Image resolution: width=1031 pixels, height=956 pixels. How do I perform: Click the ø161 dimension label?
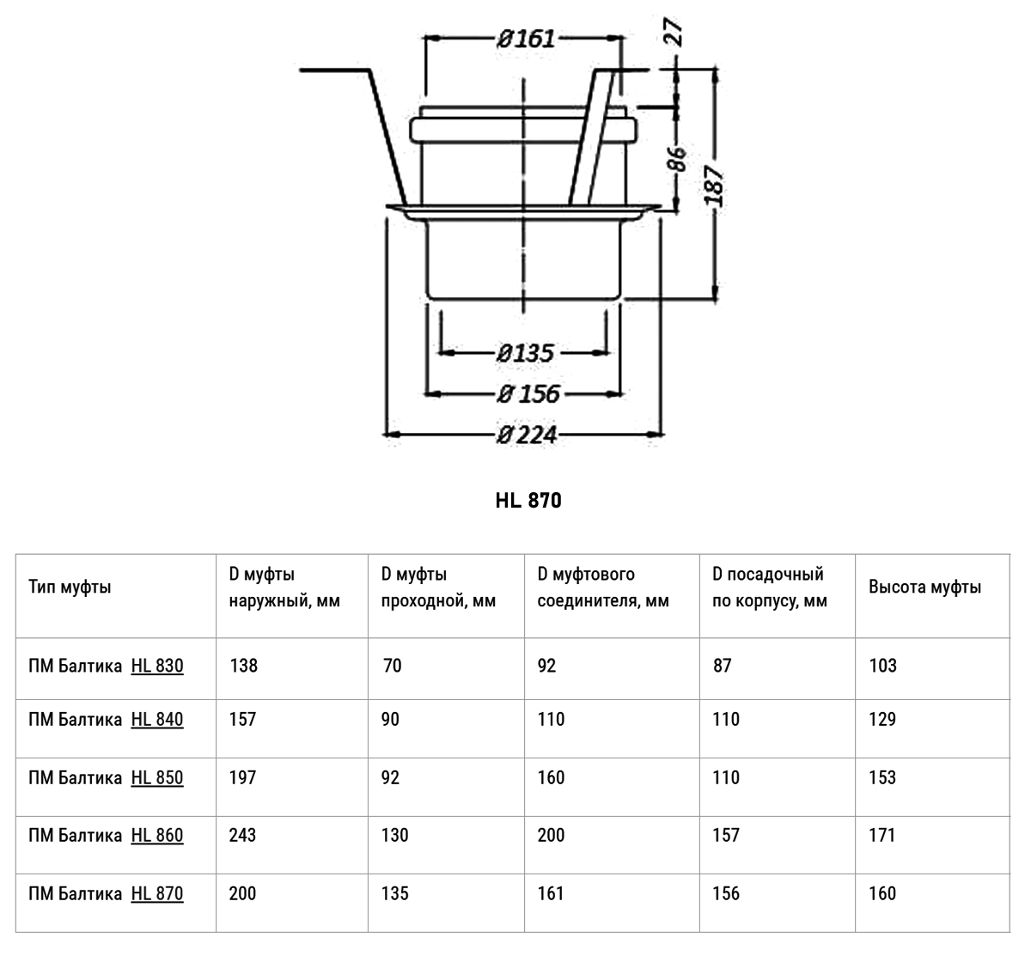tap(526, 39)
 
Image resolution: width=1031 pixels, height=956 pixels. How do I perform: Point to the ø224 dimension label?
tap(527, 435)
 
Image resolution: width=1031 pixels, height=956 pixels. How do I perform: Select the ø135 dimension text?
tap(525, 353)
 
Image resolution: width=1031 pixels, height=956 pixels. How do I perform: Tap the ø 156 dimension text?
tap(528, 394)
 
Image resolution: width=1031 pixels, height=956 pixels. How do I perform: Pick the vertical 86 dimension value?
tap(677, 159)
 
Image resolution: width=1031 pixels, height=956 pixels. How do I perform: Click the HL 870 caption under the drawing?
tap(528, 500)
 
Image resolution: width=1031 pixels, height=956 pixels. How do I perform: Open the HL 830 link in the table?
tap(157, 666)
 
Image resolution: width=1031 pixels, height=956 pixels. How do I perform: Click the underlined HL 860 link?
tap(157, 835)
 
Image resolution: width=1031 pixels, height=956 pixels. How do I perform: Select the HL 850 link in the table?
tap(157, 777)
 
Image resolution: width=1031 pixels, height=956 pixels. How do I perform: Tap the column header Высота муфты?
tap(924, 588)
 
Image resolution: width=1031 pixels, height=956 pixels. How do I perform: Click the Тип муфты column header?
tap(70, 588)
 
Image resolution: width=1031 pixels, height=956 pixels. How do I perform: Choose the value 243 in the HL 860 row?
tap(243, 835)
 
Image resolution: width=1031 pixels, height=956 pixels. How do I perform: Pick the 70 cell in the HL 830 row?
tap(392, 666)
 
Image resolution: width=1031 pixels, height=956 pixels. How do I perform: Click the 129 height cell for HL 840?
tap(882, 720)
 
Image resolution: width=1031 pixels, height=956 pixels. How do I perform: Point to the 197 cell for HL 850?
tap(243, 777)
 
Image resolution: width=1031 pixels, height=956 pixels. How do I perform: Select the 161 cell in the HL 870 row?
tap(551, 893)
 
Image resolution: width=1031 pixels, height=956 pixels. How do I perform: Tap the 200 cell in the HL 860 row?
tap(552, 835)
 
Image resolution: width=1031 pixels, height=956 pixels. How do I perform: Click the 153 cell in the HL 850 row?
tap(882, 777)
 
